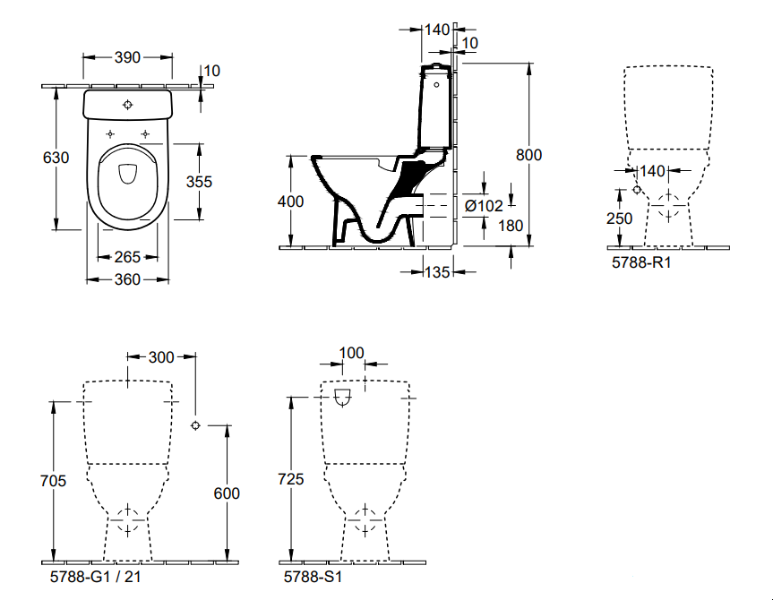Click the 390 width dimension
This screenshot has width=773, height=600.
click(x=128, y=57)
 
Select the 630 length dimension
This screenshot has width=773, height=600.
click(x=56, y=158)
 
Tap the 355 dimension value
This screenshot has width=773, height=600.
click(x=199, y=181)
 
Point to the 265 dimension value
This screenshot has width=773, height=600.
click(x=127, y=257)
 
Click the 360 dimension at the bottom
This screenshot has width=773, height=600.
click(x=127, y=279)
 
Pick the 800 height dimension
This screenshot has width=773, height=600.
click(x=528, y=154)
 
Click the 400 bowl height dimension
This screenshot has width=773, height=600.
click(x=290, y=201)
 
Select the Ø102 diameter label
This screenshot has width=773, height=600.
click(x=484, y=205)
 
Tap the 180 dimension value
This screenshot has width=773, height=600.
click(x=510, y=226)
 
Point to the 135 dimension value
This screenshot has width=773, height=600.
click(x=437, y=272)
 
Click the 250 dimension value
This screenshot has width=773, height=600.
click(x=618, y=218)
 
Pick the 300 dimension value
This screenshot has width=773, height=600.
click(x=161, y=357)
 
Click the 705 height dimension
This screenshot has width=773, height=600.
click(x=54, y=481)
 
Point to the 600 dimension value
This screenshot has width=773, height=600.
click(x=228, y=493)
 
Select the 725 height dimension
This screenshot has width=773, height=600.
click(x=291, y=479)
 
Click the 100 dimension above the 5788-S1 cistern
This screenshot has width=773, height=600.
click(x=353, y=353)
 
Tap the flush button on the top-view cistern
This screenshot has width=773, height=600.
click(x=128, y=103)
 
